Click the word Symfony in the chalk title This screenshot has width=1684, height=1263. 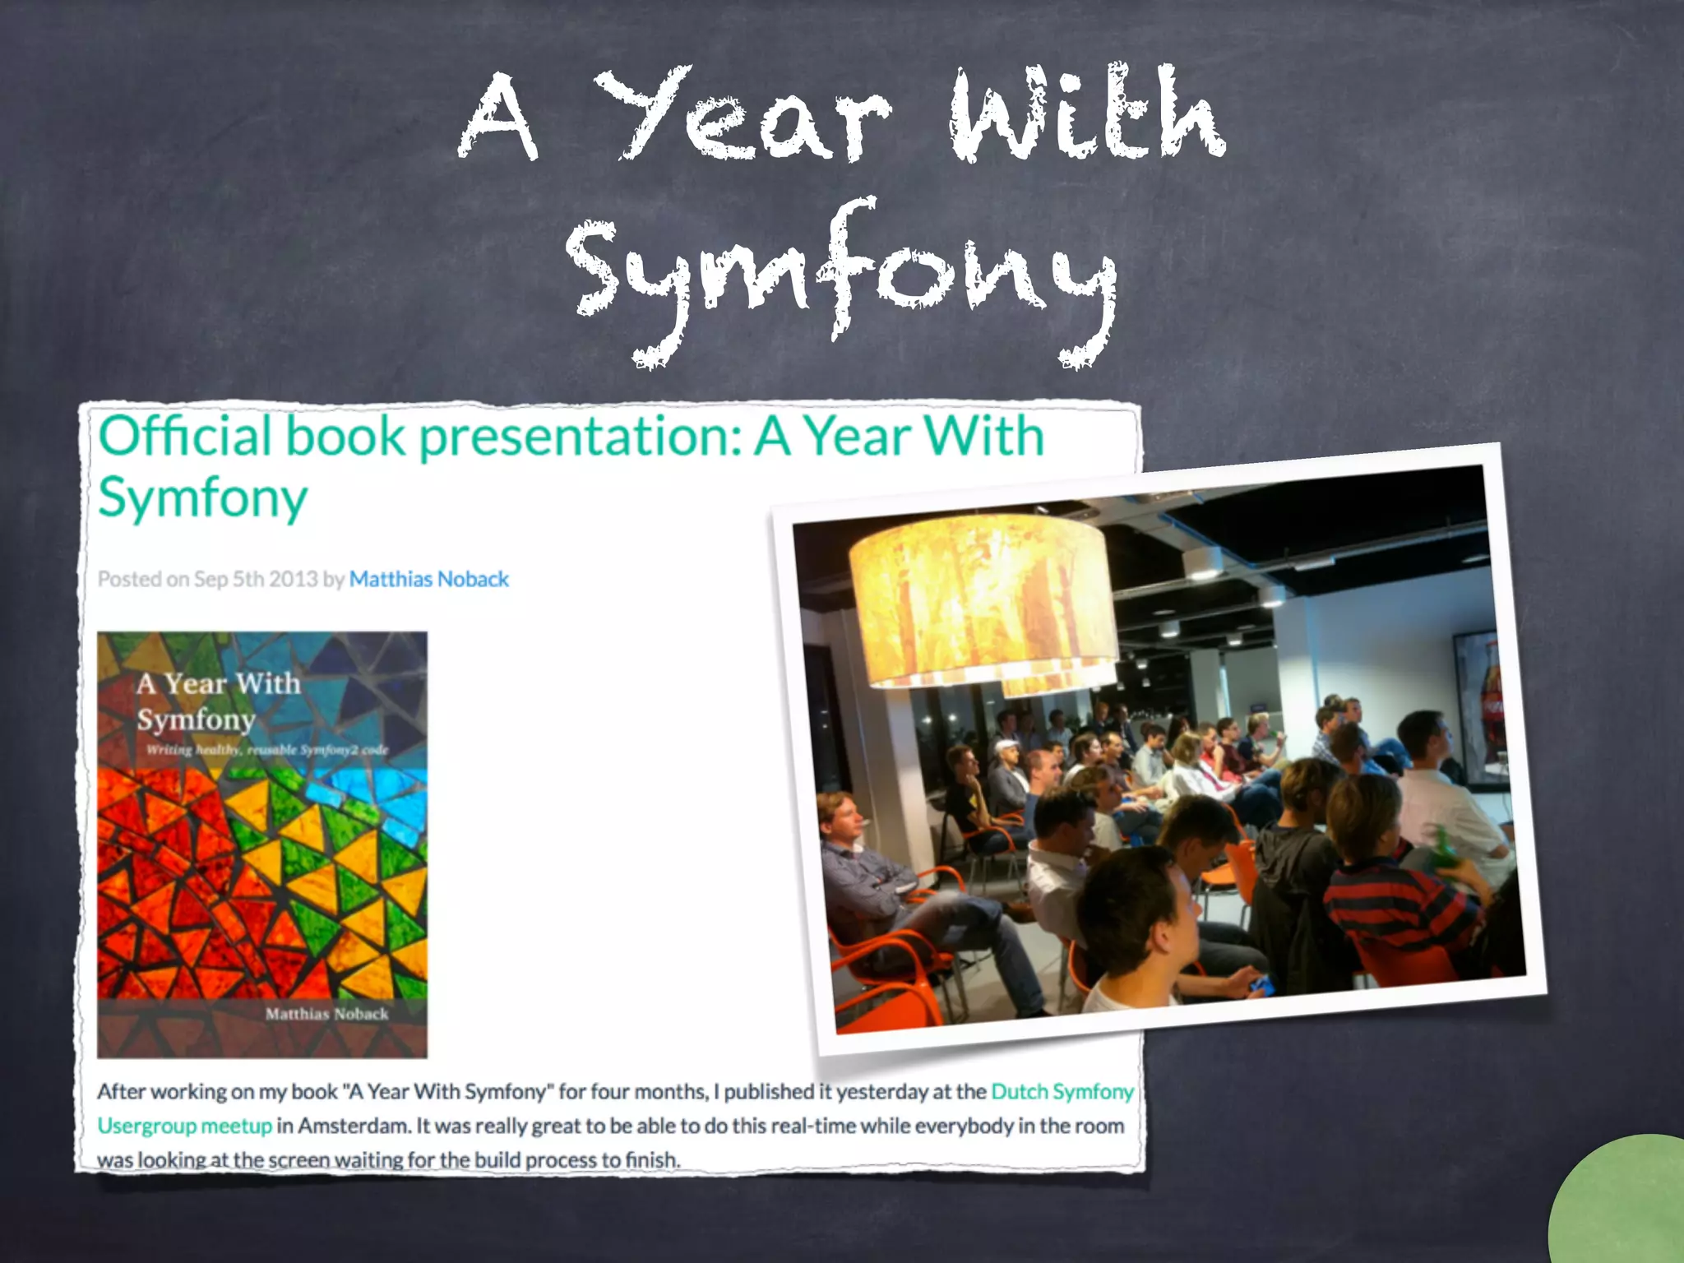(839, 275)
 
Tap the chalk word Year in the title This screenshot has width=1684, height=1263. (740, 115)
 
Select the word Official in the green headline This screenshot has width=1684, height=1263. (185, 436)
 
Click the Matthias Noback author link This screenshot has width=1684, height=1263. (428, 580)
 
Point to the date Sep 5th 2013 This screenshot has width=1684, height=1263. (255, 580)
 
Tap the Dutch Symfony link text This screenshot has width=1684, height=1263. (1062, 1092)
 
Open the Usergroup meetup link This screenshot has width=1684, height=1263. (184, 1126)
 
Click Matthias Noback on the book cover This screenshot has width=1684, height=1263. (326, 1014)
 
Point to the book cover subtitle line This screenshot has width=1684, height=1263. (267, 750)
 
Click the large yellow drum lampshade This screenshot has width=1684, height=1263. (983, 600)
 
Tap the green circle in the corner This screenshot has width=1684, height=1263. (1624, 1205)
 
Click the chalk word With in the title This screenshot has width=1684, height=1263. (1085, 115)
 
